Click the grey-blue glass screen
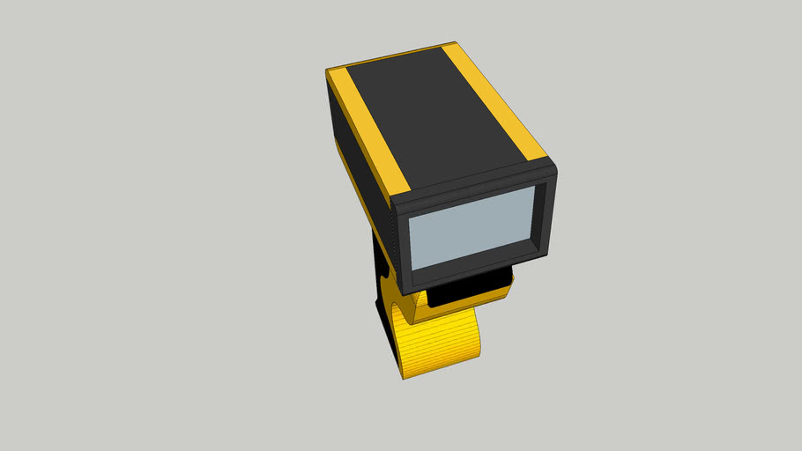tap(472, 227)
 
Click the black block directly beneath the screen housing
tap(467, 291)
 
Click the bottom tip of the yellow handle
tap(405, 377)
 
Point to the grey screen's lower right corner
tap(533, 243)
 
